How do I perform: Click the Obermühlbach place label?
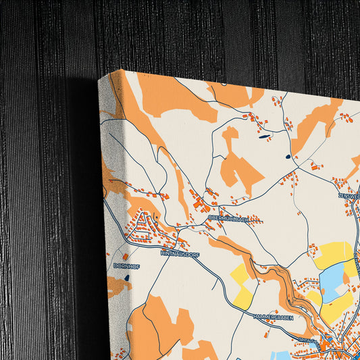pos(227,218)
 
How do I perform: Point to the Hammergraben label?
pos(274,316)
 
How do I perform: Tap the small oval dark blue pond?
pos(288,157)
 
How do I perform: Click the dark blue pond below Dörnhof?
pos(127,278)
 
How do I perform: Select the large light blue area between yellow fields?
pos(332,282)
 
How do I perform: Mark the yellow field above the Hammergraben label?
pos(242,283)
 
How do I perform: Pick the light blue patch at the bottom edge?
pos(280,355)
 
